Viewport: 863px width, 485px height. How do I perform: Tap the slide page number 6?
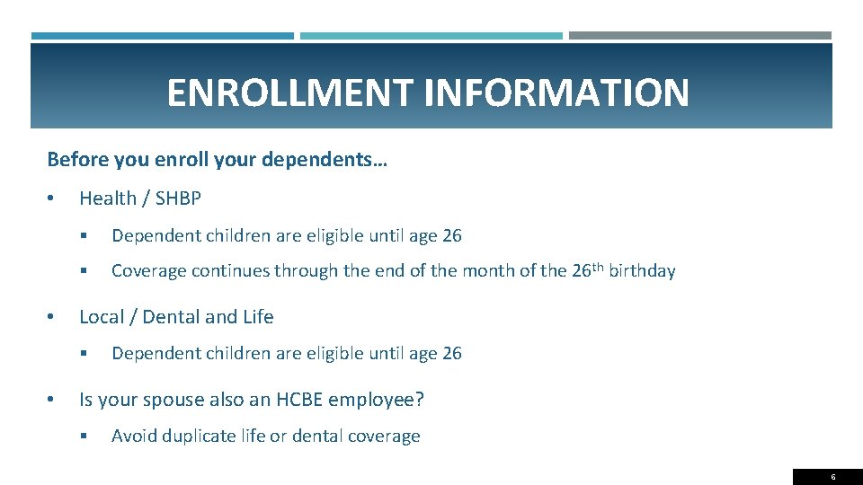[x=832, y=477]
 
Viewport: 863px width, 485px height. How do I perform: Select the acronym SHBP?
[x=178, y=198]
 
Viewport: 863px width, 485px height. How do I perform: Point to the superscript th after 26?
[x=599, y=267]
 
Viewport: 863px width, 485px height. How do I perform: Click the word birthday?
[x=642, y=271]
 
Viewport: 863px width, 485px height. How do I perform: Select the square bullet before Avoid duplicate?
[x=83, y=436]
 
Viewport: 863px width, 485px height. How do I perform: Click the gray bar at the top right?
[x=699, y=36]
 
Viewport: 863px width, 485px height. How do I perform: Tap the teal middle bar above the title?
[x=431, y=36]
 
